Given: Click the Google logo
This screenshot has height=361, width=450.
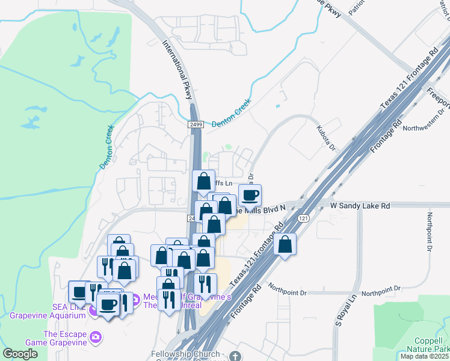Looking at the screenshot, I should (20, 354).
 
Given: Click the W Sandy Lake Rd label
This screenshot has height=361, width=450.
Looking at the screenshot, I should (360, 206).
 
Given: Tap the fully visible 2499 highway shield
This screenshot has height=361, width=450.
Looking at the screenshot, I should (195, 125).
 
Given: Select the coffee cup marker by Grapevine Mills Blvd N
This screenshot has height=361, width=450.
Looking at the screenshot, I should (250, 195).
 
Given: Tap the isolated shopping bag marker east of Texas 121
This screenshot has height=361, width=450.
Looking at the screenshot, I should (285, 244).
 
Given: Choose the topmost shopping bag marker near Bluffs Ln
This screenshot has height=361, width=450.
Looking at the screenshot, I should (203, 181).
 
